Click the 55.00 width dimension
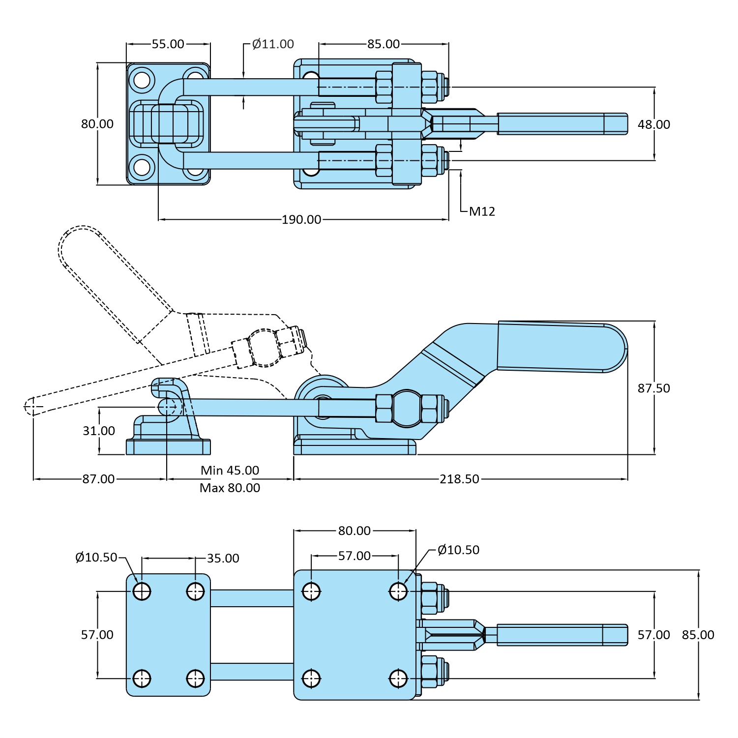(x=168, y=44)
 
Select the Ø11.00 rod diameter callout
(x=273, y=44)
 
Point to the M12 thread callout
(x=482, y=211)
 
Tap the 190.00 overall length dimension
(x=301, y=219)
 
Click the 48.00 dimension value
(x=653, y=125)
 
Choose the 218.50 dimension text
(x=459, y=479)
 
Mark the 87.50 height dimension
(x=653, y=388)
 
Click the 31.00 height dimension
(x=99, y=431)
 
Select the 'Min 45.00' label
(x=230, y=471)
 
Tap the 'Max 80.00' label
(x=230, y=488)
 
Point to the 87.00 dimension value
(x=98, y=479)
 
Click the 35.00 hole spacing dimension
(x=223, y=559)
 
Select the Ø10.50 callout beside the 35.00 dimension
(x=96, y=558)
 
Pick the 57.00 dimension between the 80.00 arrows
(x=354, y=556)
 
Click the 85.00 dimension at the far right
(x=698, y=635)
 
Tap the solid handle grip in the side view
(x=561, y=346)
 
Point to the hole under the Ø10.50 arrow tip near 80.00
(x=398, y=591)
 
